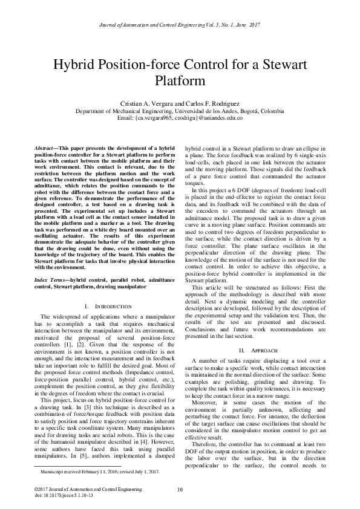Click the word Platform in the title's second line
coord(180,81)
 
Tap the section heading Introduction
coord(110,307)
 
